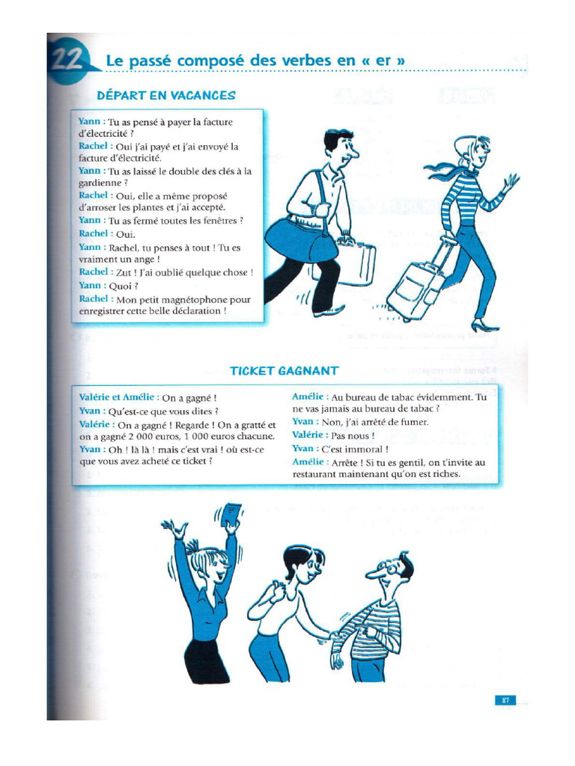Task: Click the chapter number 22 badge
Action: click(x=69, y=60)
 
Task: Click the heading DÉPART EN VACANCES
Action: click(x=166, y=96)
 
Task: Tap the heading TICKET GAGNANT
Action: click(x=284, y=371)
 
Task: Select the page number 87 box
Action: click(x=505, y=700)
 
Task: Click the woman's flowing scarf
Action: click(x=445, y=172)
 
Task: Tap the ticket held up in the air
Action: click(x=234, y=515)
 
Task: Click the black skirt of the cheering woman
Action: click(x=206, y=660)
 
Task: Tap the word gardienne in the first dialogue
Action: click(x=101, y=183)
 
